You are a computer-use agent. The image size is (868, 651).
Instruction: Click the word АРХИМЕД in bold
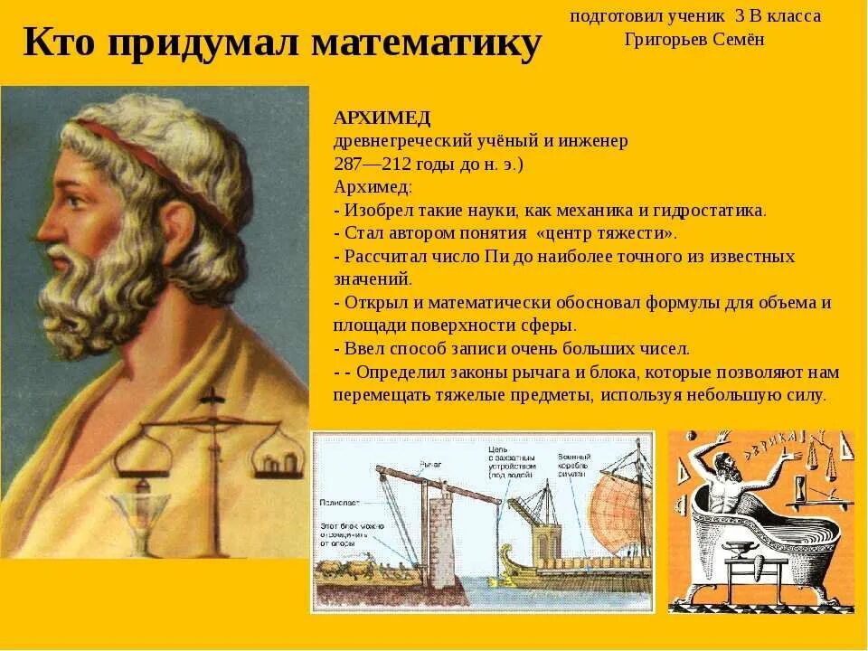coord(382,118)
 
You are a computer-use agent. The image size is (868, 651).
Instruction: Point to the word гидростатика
coord(715,211)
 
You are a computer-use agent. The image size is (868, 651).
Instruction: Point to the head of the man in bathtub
coord(729,470)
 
